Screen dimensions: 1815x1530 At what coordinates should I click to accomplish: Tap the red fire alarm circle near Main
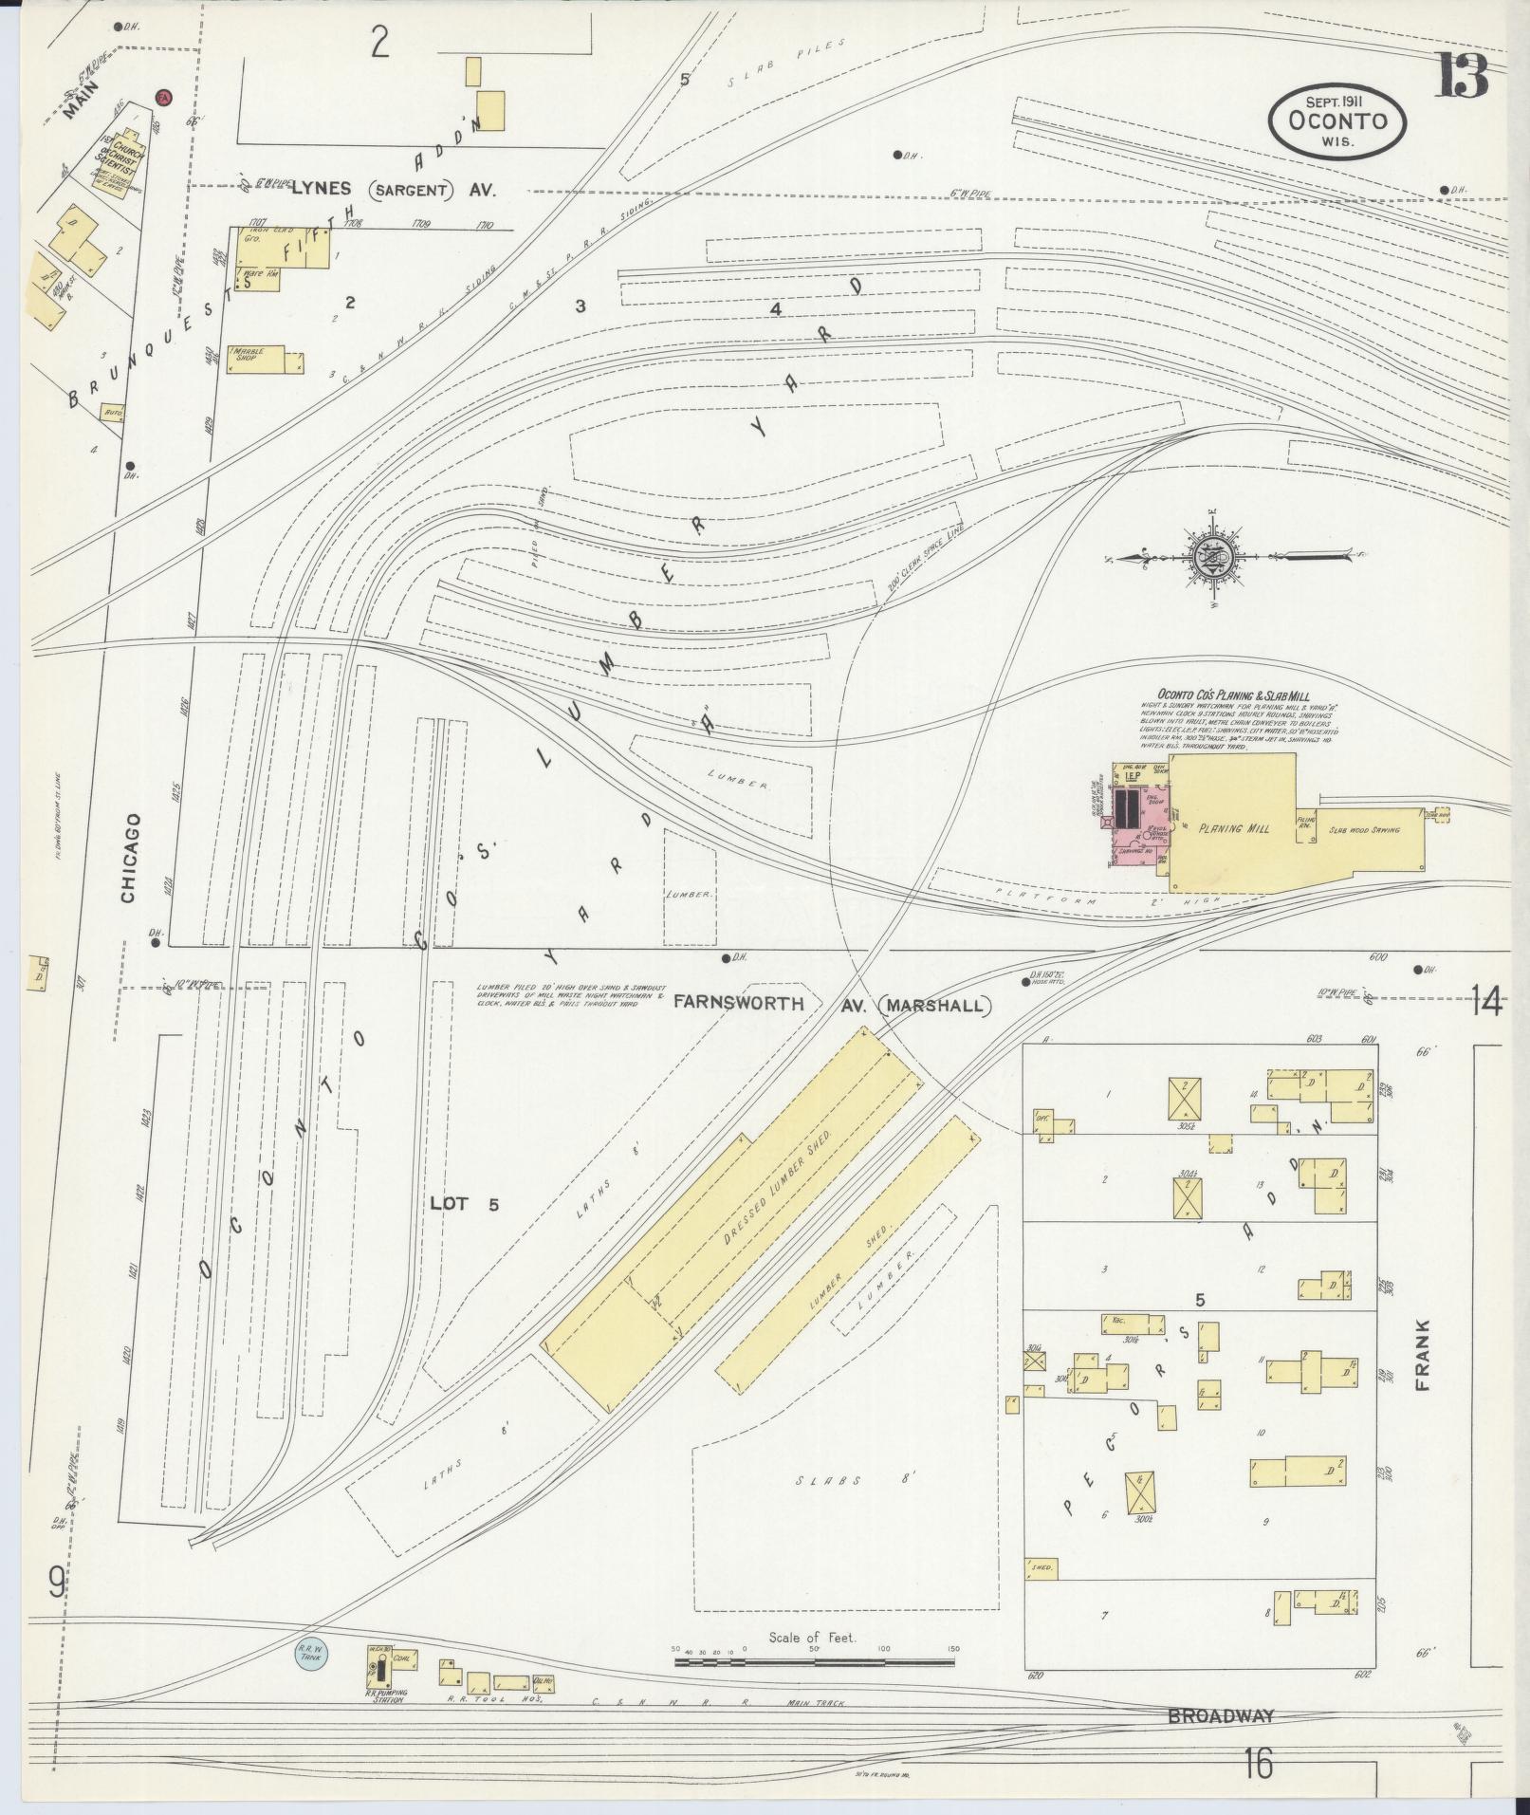pyautogui.click(x=163, y=98)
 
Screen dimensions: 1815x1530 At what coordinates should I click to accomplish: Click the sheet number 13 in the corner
pyautogui.click(x=1462, y=76)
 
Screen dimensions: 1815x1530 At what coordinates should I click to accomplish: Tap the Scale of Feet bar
pyautogui.click(x=814, y=1662)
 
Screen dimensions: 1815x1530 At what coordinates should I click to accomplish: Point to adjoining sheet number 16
pyautogui.click(x=1259, y=1766)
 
